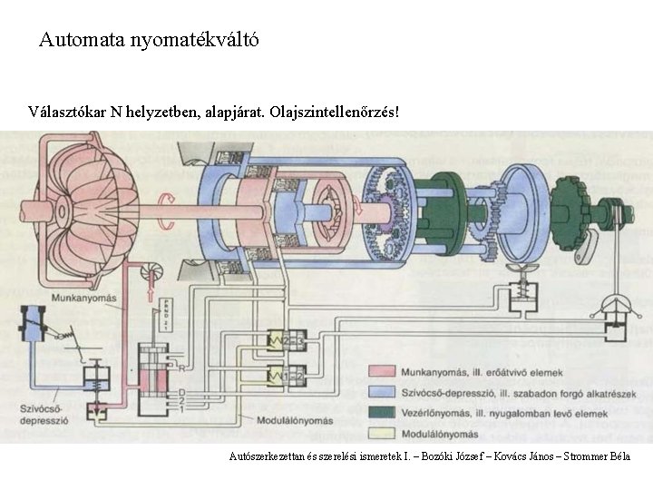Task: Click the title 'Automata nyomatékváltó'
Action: click(150, 40)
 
